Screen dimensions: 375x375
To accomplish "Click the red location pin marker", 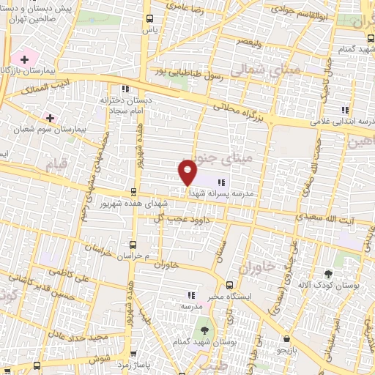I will [x=187, y=172].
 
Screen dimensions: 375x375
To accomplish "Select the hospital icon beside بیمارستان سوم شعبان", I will [x=50, y=117].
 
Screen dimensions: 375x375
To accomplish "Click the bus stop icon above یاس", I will [x=149, y=19].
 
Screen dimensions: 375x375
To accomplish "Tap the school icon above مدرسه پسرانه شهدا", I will [x=222, y=181].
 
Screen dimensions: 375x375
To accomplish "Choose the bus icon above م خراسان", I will [x=132, y=244].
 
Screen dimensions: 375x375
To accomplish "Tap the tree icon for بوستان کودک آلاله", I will [x=338, y=261].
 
